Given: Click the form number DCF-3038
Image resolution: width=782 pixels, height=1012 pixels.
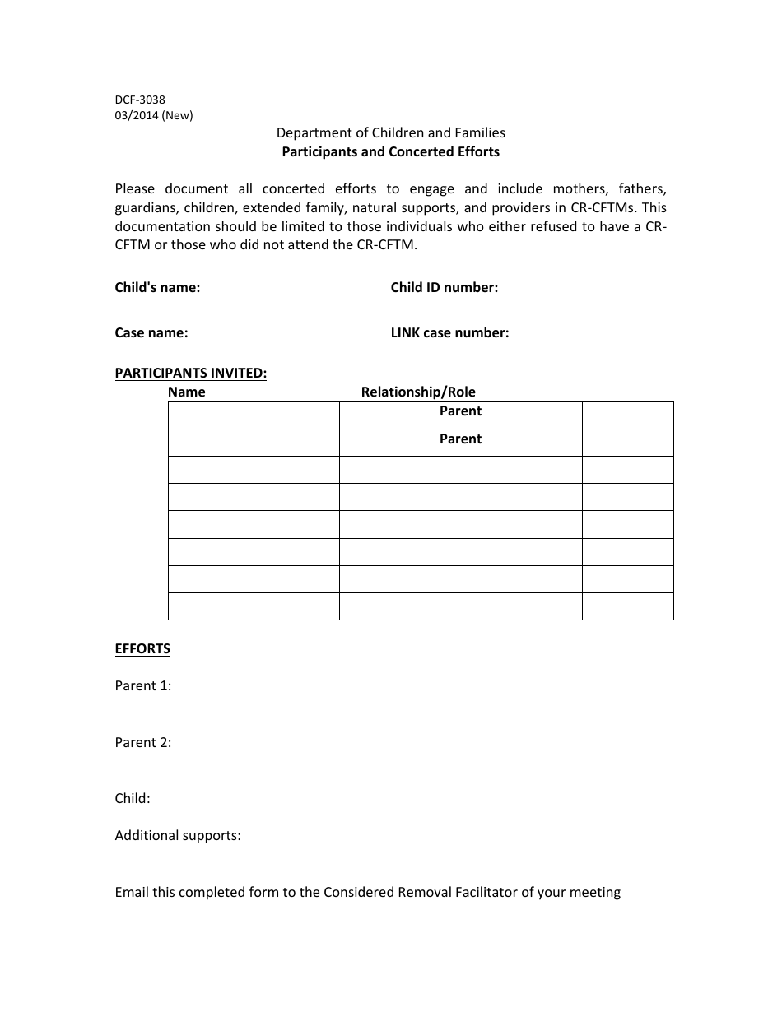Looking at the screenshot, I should point(140,100).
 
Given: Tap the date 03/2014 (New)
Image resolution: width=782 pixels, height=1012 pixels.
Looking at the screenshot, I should point(154,115).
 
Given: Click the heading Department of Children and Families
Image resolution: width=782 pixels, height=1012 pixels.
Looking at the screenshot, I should point(390,132).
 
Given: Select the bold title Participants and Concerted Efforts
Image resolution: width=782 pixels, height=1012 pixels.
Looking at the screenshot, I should point(390,151).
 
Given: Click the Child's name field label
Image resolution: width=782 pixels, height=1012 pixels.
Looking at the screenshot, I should point(157,287).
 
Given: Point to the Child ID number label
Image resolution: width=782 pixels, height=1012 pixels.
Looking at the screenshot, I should point(444,287).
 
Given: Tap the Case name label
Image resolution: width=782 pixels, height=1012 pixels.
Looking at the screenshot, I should point(151,332).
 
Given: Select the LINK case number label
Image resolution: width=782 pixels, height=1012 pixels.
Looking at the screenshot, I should point(449,332).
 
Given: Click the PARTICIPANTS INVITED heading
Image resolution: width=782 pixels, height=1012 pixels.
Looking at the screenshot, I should point(191,373).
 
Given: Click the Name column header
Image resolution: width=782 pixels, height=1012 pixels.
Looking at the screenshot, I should point(187,392).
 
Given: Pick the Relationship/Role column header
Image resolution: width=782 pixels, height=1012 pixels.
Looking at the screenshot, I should point(418,392).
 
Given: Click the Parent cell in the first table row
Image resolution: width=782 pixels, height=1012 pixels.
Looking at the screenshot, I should point(460,411).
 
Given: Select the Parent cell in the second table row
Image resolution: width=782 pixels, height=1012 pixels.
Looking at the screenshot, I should point(460,439).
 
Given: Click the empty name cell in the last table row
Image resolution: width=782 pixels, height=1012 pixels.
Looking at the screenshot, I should point(254,606).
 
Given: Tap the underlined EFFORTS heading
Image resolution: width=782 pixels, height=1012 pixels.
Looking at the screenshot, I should point(142,648).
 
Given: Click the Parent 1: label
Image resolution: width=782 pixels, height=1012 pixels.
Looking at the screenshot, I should point(143,685).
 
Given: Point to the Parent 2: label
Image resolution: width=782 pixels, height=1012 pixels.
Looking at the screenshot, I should point(143,742).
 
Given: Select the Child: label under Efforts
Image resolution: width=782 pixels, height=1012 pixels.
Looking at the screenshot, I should point(133,798).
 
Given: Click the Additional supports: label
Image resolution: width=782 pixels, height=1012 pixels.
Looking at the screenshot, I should point(178,835).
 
